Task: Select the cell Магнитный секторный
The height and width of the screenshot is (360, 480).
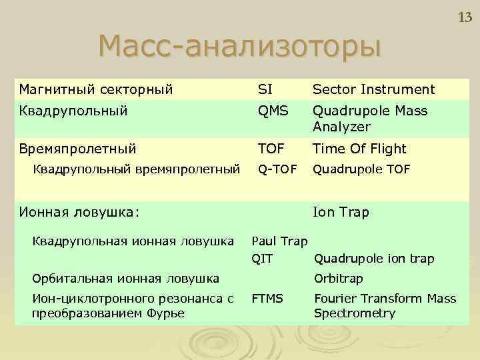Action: point(96,89)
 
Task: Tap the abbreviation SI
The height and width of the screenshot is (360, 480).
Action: point(265,89)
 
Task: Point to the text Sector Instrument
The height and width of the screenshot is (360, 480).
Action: point(373,89)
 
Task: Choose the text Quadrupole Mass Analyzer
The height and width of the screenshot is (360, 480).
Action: point(370,119)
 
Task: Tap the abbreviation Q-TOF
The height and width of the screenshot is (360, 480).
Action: point(274,169)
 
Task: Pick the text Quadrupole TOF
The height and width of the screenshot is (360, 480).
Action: point(362,169)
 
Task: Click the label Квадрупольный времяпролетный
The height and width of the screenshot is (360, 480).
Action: point(137,169)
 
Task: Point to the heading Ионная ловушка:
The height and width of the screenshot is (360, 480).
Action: point(79,212)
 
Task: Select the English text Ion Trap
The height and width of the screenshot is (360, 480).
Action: point(341,212)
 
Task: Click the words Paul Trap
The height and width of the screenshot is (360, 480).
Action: point(279,241)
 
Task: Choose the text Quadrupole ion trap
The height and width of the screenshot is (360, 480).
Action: point(374,259)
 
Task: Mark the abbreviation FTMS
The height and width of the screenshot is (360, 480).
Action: point(267,299)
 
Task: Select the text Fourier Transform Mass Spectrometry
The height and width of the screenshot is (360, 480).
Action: point(385,306)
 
